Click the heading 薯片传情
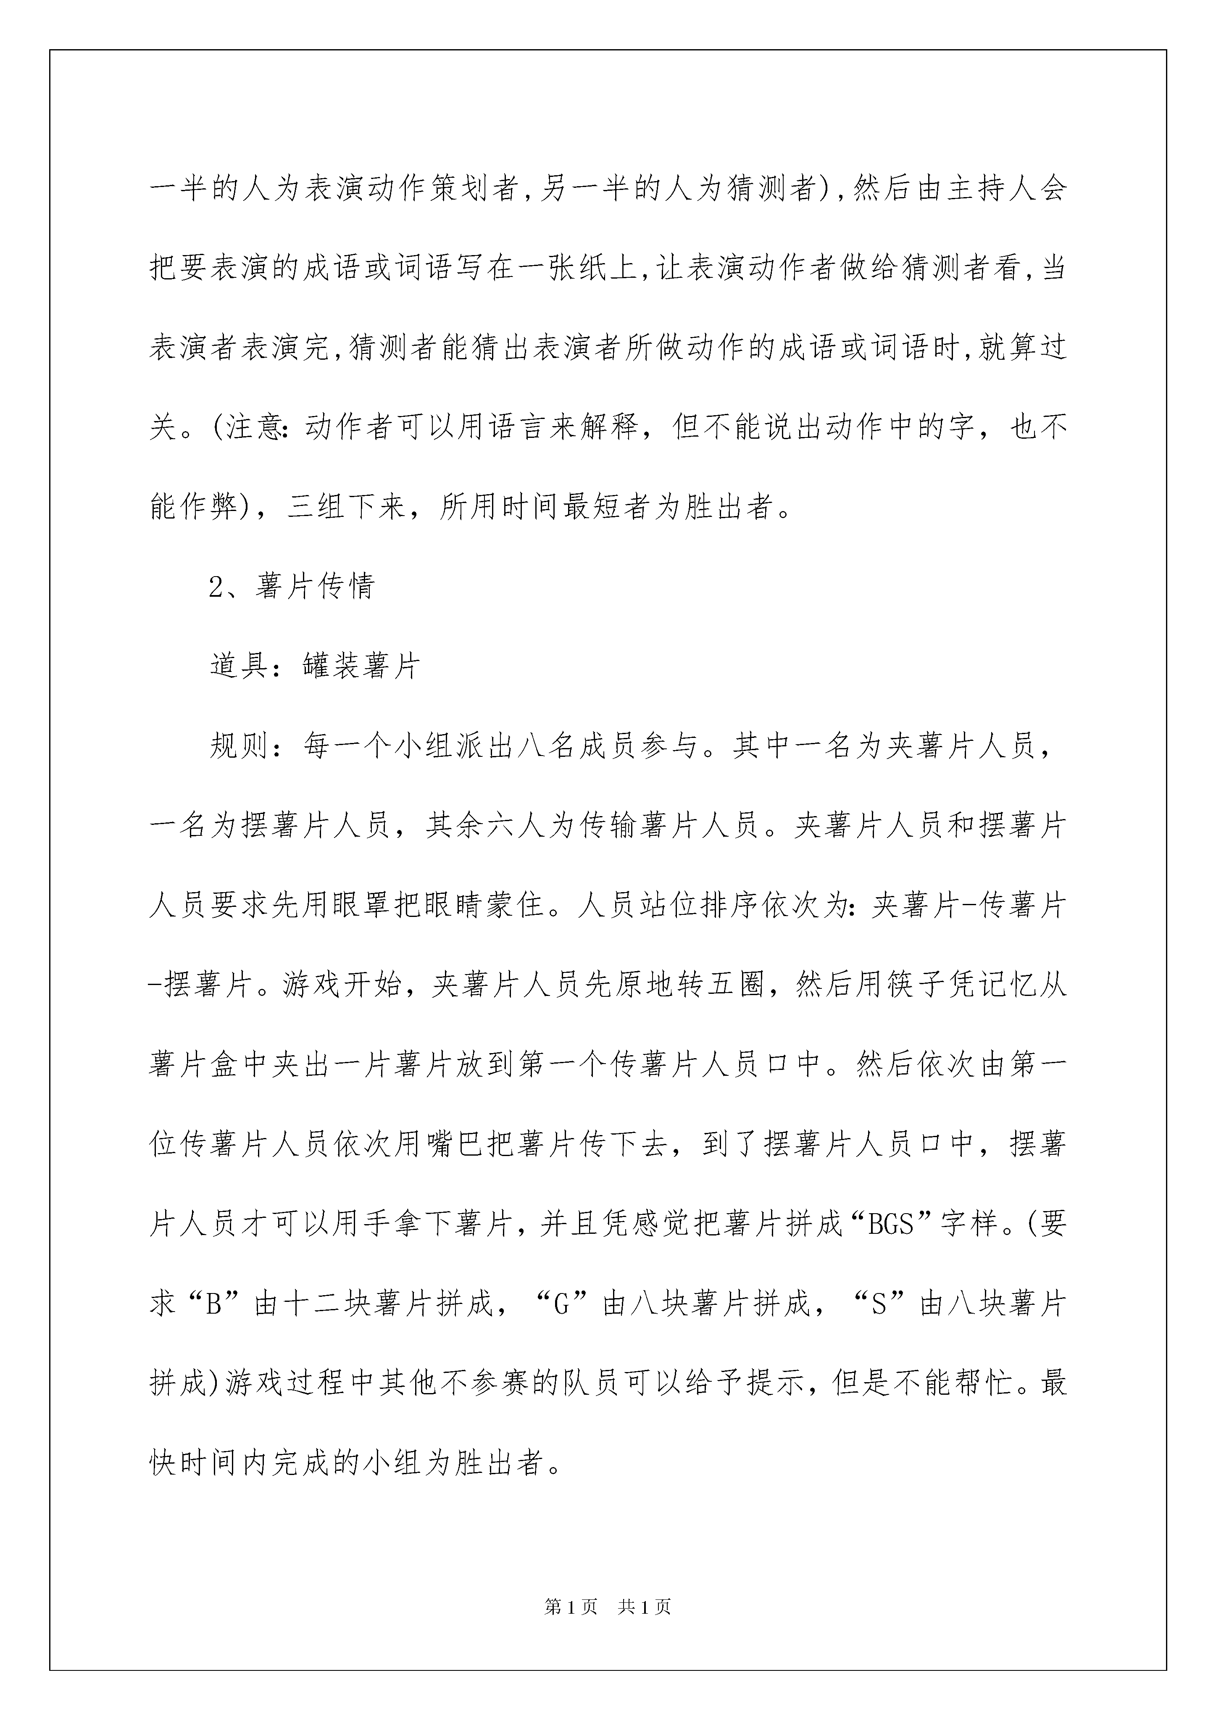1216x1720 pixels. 315,587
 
